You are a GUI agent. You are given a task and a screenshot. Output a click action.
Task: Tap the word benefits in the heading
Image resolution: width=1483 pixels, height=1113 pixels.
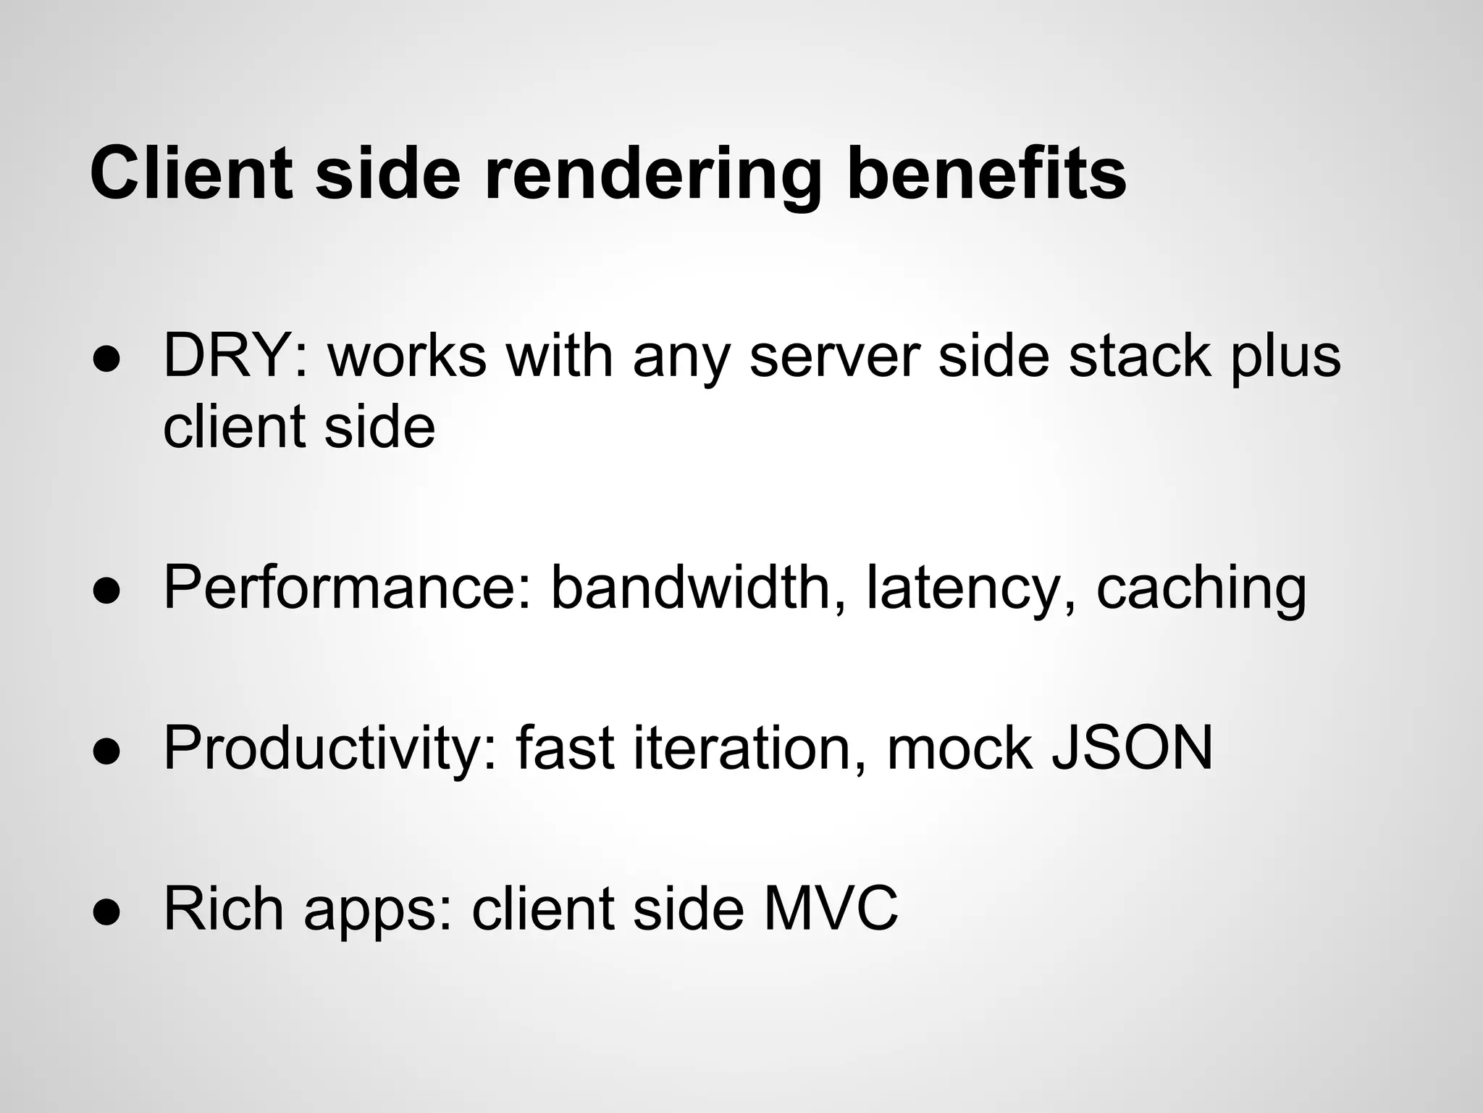tap(986, 174)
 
